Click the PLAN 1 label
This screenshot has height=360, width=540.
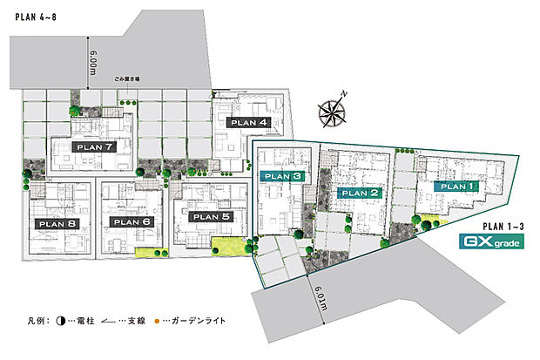[x=457, y=186]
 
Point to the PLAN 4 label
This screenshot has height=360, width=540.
[x=246, y=123]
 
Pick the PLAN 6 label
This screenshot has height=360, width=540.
[x=132, y=221]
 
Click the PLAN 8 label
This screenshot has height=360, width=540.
[x=57, y=223]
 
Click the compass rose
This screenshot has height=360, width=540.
[x=334, y=109]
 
